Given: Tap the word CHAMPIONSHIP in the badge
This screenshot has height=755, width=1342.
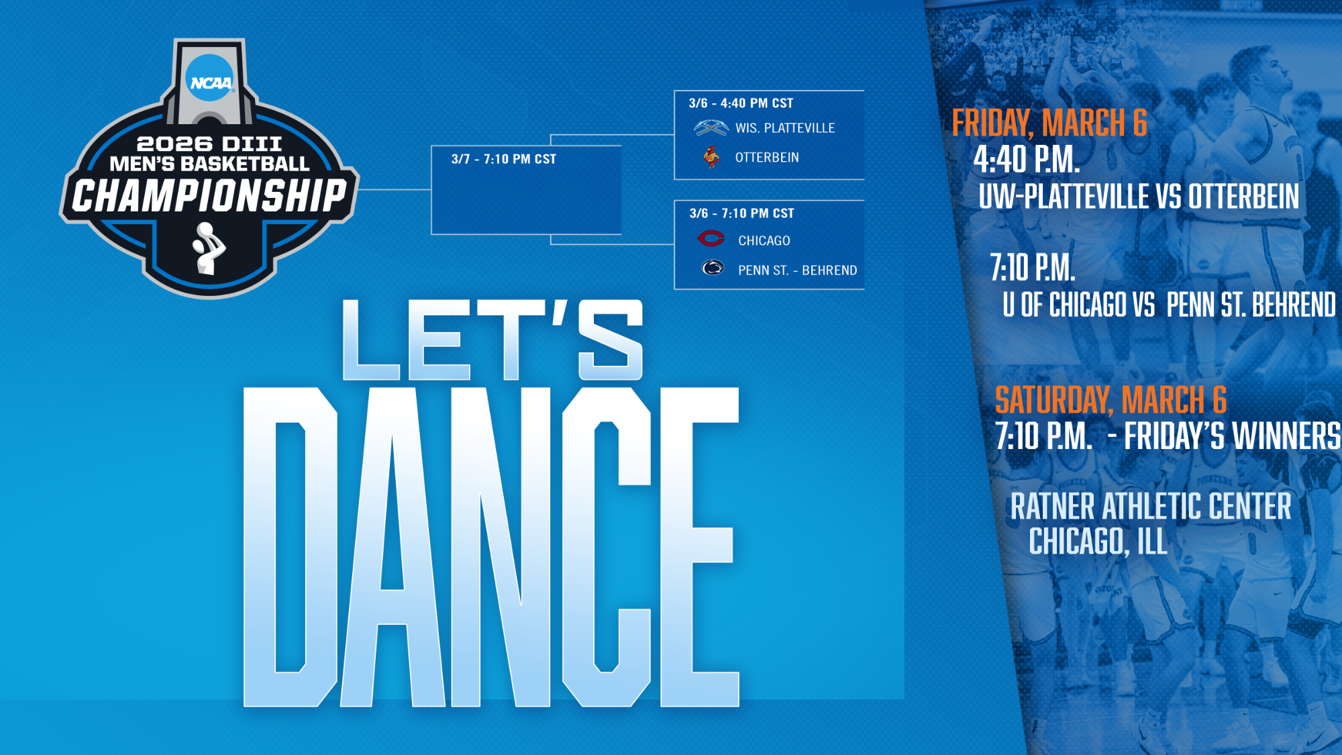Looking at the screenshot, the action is coord(209,196).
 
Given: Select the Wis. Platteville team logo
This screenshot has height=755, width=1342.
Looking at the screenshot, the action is coord(711,128).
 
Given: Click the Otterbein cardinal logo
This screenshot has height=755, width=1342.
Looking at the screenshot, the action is coord(711,157).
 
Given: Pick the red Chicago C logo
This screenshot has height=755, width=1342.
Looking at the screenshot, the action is coord(711,238).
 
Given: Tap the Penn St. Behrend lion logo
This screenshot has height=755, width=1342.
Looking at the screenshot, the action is coord(713,268).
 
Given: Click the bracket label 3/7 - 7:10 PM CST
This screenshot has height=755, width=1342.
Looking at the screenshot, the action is coord(504,159).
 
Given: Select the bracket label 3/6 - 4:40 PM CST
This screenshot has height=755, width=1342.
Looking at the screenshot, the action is coord(741,103).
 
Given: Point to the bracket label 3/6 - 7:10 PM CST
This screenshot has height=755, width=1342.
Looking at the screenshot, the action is coord(741,213).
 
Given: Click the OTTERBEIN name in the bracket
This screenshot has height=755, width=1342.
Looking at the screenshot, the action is coord(767,158).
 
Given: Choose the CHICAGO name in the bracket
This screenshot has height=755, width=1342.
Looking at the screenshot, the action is coord(764,241).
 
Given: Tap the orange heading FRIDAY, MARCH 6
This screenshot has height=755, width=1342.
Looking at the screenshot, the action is coord(1049,123).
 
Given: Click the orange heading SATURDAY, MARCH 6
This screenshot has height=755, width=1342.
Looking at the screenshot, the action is coord(1111,400).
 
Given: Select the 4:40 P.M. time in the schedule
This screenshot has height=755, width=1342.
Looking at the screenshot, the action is coord(1027,160).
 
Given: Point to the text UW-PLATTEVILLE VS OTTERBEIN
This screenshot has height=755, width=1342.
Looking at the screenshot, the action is coord(1139,197).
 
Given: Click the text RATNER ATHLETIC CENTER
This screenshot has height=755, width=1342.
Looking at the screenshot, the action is coord(1151,506).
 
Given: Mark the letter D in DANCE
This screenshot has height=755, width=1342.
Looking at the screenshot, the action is coord(290,547).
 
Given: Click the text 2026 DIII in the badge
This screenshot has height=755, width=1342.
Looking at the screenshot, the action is coord(209,144).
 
